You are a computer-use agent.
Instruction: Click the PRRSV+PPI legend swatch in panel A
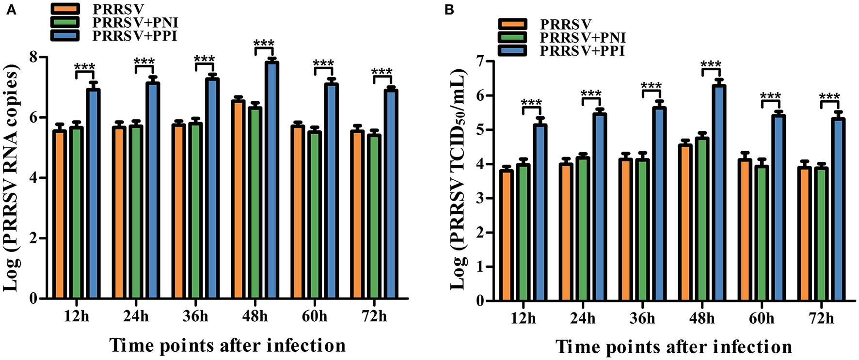[64, 35]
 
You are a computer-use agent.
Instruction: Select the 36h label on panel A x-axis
[195, 316]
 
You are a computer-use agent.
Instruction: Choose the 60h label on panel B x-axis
[762, 318]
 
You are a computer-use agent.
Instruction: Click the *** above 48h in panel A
[264, 44]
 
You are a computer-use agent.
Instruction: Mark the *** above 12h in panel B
[532, 103]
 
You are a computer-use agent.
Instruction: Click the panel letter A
[10, 10]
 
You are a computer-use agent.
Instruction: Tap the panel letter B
[449, 10]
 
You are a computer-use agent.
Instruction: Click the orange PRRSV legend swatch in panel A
[64, 9]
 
